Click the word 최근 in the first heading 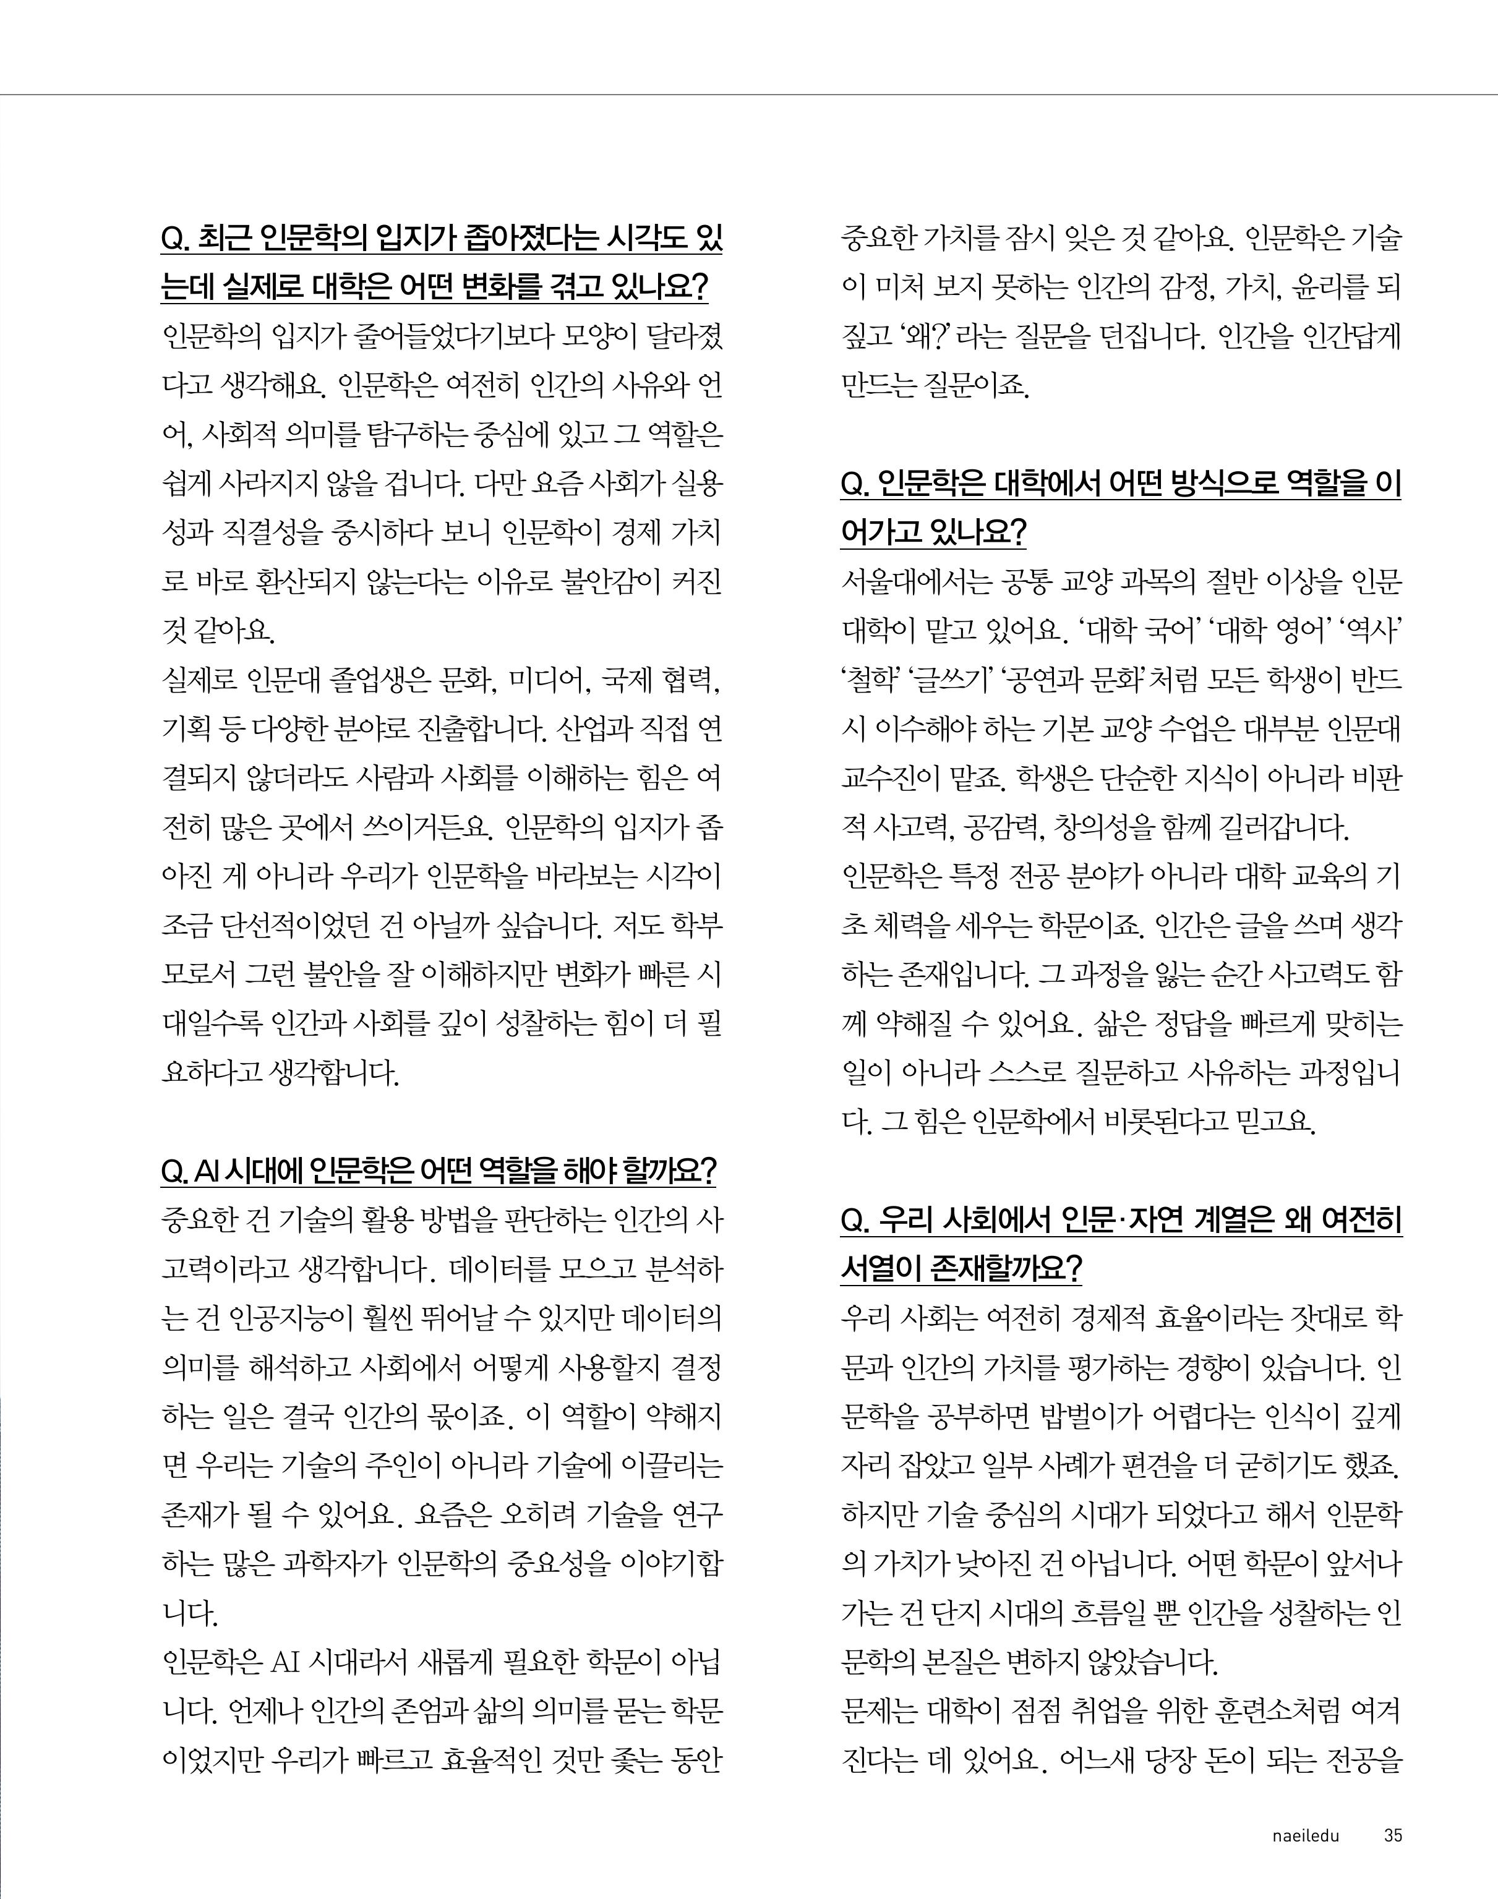[224, 239]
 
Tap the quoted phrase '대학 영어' [1264, 630]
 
